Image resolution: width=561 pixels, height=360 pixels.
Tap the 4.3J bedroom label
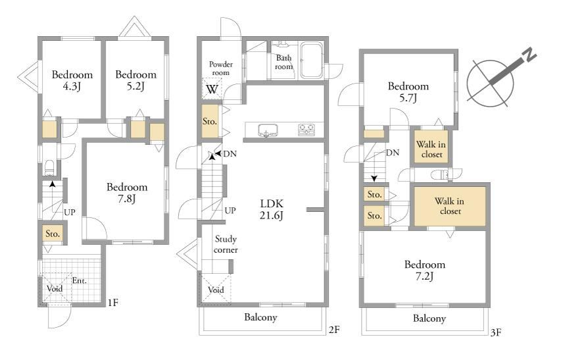pyautogui.click(x=72, y=80)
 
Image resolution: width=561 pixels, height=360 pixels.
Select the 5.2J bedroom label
pyautogui.click(x=136, y=80)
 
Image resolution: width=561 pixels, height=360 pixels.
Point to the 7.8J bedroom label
pyautogui.click(x=127, y=193)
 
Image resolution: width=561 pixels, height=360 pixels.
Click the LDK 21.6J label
pyautogui.click(x=272, y=209)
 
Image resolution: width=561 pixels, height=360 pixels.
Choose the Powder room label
pyautogui.click(x=221, y=68)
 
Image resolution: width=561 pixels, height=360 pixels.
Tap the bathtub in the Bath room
pyautogui.click(x=311, y=60)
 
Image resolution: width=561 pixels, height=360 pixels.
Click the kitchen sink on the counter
pyautogui.click(x=268, y=130)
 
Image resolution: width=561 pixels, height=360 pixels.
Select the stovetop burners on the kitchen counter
pyautogui.click(x=306, y=130)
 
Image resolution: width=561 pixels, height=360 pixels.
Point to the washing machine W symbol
pyautogui.click(x=212, y=89)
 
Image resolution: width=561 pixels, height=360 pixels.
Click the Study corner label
pyautogui.click(x=226, y=244)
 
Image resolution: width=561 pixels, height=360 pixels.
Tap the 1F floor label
pyautogui.click(x=112, y=303)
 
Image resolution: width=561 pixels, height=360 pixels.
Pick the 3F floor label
pyautogui.click(x=495, y=333)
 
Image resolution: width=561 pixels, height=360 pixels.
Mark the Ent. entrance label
pyautogui.click(x=79, y=280)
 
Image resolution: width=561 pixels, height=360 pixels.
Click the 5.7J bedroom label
pyautogui.click(x=408, y=91)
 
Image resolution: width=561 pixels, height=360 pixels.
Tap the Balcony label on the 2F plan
pyautogui.click(x=260, y=317)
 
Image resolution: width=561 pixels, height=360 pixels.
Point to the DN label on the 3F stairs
pyautogui.click(x=393, y=153)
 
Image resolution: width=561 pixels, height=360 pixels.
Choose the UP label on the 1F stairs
pyautogui.click(x=70, y=212)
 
